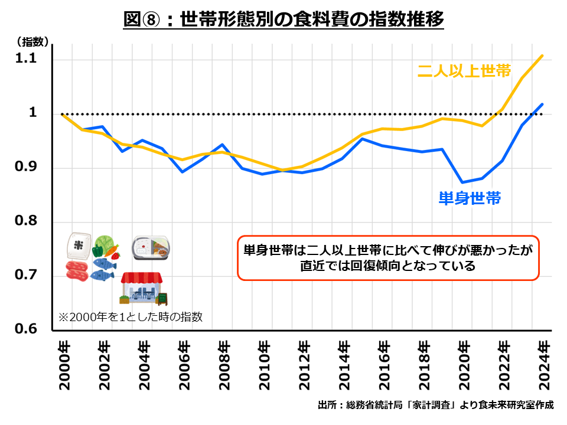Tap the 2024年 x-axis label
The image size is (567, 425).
click(545, 365)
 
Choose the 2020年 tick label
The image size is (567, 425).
click(464, 365)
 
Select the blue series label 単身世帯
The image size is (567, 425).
click(470, 198)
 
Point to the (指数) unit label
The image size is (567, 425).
click(33, 41)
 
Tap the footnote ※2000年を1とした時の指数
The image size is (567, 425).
click(130, 317)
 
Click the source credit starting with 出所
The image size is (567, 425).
click(435, 406)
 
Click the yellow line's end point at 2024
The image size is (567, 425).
click(543, 55)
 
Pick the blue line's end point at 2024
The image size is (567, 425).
click(543, 104)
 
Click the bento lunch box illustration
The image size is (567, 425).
click(151, 248)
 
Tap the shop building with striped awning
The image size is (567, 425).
click(142, 288)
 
